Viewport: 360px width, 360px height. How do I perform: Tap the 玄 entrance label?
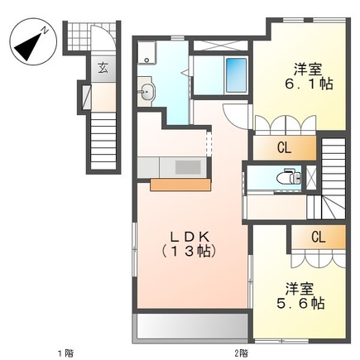103,68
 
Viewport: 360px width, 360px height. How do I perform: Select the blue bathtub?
236,75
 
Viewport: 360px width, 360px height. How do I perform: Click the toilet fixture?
289,176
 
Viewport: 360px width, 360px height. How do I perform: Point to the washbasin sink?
146,92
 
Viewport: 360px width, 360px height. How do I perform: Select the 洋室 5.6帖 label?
300,295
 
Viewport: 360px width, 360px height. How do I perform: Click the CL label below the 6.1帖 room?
284,148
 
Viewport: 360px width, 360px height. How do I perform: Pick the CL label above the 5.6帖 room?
319,238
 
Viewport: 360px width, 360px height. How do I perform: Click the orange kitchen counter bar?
180,185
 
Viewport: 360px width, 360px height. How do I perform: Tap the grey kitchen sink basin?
188,167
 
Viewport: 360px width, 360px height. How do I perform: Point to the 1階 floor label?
66,353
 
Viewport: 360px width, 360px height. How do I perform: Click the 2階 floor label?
241,353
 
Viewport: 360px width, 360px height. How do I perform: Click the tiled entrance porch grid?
90,37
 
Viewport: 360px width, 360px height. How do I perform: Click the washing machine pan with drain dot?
146,52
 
